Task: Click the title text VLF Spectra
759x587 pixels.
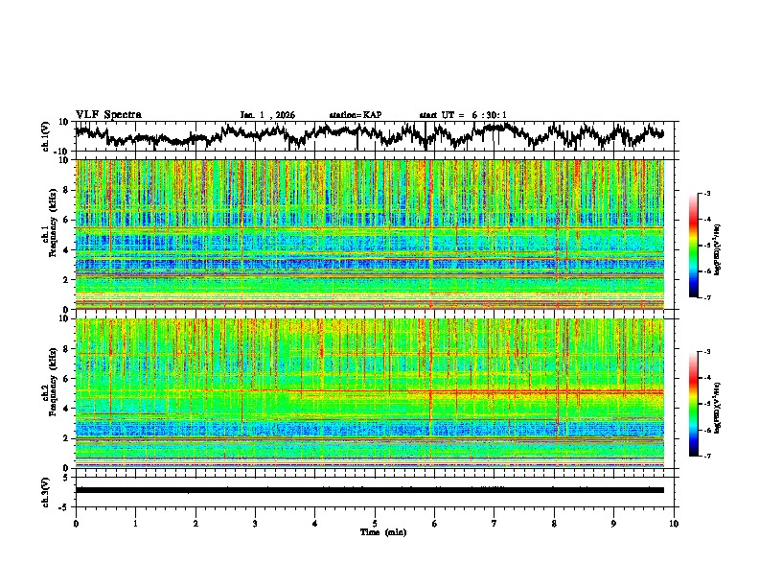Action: coord(108,114)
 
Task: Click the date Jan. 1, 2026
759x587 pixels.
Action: coord(267,115)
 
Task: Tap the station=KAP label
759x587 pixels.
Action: coord(356,115)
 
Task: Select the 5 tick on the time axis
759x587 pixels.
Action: coord(375,523)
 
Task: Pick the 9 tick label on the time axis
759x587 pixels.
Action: coord(614,523)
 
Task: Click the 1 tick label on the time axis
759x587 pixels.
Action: coord(135,523)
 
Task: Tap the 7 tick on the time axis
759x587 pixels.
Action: coord(494,523)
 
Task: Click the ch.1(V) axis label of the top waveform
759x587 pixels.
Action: coord(45,136)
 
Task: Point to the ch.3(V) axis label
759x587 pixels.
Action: coord(45,489)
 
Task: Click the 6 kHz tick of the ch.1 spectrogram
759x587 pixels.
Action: coord(65,220)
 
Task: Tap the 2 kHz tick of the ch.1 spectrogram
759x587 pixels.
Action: coord(65,280)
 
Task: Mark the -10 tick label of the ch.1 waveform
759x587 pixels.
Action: coord(60,152)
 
